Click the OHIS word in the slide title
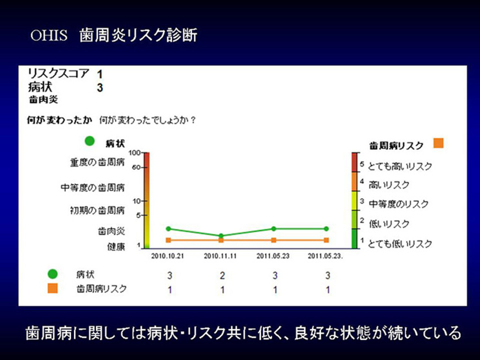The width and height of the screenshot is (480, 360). (49, 35)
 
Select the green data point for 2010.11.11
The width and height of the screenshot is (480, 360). (221, 236)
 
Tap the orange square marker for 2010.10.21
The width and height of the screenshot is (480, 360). (169, 240)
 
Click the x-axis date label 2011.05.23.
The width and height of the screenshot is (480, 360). (273, 256)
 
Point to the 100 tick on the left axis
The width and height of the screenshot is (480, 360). (135, 153)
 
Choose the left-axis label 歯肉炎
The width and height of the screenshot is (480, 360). (111, 231)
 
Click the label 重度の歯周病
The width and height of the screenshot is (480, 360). (97, 162)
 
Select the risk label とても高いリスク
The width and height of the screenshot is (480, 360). (400, 166)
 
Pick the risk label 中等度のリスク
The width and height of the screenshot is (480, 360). (399, 204)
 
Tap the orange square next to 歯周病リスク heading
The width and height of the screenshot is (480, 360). (438, 143)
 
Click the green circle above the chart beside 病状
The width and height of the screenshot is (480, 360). (90, 141)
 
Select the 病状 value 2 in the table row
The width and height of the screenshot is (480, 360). (222, 275)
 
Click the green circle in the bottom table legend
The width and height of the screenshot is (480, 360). (53, 274)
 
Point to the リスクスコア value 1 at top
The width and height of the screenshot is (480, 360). (99, 74)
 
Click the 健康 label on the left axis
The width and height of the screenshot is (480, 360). (116, 246)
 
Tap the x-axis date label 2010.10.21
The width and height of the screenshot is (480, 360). (168, 256)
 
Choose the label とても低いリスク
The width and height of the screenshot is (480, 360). (400, 244)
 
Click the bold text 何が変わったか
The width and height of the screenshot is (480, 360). (59, 120)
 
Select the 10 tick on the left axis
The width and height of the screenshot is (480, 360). (137, 201)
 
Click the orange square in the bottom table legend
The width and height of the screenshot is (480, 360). (53, 288)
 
